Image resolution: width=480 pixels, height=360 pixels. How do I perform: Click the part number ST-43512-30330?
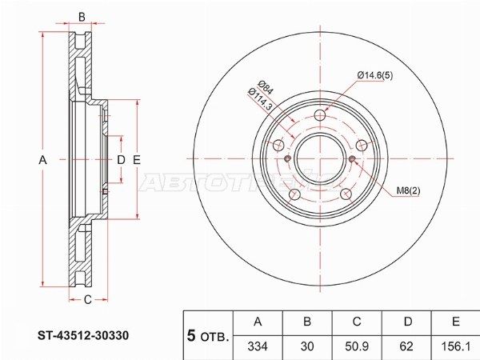[x=83, y=335]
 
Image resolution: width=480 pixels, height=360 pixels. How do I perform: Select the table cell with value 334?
[x=258, y=346]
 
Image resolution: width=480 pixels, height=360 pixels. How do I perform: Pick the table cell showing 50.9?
[x=357, y=346]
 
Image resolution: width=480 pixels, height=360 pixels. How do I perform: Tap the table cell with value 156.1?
[x=455, y=346]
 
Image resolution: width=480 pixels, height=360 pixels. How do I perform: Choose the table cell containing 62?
[x=406, y=346]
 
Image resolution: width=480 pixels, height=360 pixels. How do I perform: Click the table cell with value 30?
[x=307, y=346]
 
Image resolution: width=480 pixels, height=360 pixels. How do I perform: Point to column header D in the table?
[x=406, y=322]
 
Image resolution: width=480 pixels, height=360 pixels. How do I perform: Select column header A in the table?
[x=258, y=322]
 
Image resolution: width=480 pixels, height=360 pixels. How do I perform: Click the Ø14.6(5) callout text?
[x=375, y=75]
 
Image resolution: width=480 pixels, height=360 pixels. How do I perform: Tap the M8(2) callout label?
[x=408, y=190]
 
